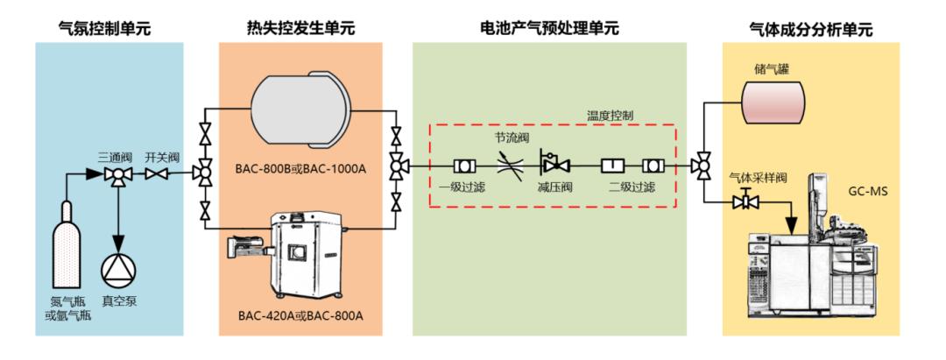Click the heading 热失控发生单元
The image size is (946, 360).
pos(300,29)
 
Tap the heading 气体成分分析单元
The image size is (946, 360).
pos(810,30)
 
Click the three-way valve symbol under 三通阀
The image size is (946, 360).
pos(115,175)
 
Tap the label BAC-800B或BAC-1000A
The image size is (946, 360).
pos(300,166)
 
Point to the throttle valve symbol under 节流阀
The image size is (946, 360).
pos(509,164)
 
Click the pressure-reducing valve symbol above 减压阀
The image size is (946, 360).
pos(554,163)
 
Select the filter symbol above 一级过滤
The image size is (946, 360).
pos(463,165)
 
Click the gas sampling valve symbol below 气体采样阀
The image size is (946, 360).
pos(745,202)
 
